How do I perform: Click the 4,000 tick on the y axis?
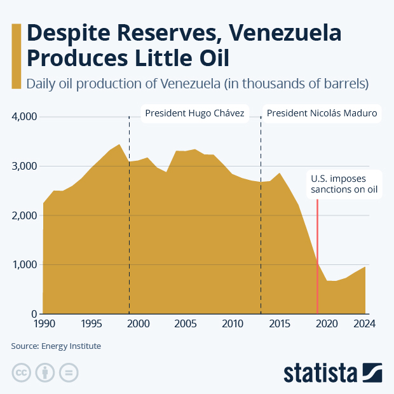pyautogui.click(x=24, y=117)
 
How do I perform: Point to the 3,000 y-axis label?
pyautogui.click(x=24, y=166)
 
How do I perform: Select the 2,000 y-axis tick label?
pyautogui.click(x=24, y=215)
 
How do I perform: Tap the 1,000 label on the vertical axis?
pyautogui.click(x=24, y=265)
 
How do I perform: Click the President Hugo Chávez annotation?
pyautogui.click(x=194, y=114)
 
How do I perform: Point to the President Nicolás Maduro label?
pyautogui.click(x=322, y=114)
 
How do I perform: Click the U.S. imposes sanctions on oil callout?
pyautogui.click(x=344, y=184)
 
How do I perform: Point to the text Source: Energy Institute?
pyautogui.click(x=56, y=346)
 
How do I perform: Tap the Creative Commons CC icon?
pyautogui.click(x=22, y=372)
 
